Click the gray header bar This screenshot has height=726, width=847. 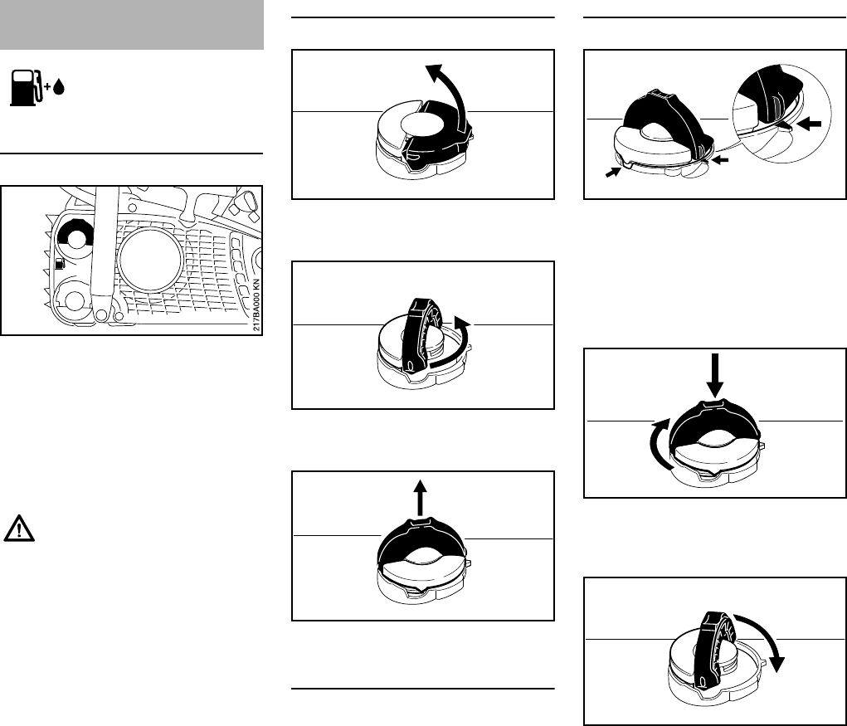(x=133, y=25)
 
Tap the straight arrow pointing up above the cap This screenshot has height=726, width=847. (x=420, y=499)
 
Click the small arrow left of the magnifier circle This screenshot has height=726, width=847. (x=721, y=160)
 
